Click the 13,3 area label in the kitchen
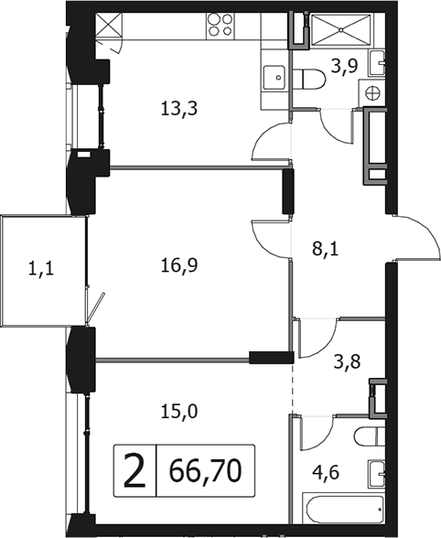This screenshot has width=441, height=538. pos(178,110)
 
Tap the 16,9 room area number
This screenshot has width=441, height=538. pos(178,265)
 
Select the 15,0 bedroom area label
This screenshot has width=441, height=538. pos(178,411)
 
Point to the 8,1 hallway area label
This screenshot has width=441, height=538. pos(325,249)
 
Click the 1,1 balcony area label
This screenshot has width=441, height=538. pos(41,269)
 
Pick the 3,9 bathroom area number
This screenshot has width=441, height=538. pos(345,66)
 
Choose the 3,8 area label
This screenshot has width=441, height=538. pos(347,361)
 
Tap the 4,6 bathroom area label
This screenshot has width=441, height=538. pos(326,473)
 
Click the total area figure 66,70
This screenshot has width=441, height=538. pos(206,470)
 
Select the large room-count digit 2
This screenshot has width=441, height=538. pos(134,470)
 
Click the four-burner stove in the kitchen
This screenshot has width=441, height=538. pos(220,25)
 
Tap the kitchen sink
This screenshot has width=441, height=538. pos(274,78)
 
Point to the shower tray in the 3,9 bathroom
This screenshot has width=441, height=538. pos(341,29)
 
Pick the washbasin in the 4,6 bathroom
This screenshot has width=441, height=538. pos(377,474)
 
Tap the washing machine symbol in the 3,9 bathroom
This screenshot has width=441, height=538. pos(372,92)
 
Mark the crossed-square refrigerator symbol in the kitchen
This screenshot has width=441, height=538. pos(109,25)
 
